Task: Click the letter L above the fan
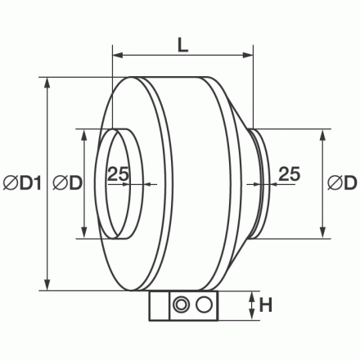[182, 47]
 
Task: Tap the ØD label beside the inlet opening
[66, 184]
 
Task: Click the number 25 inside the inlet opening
[119, 173]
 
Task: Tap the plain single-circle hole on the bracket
[205, 307]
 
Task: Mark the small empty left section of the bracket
[158, 307]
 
